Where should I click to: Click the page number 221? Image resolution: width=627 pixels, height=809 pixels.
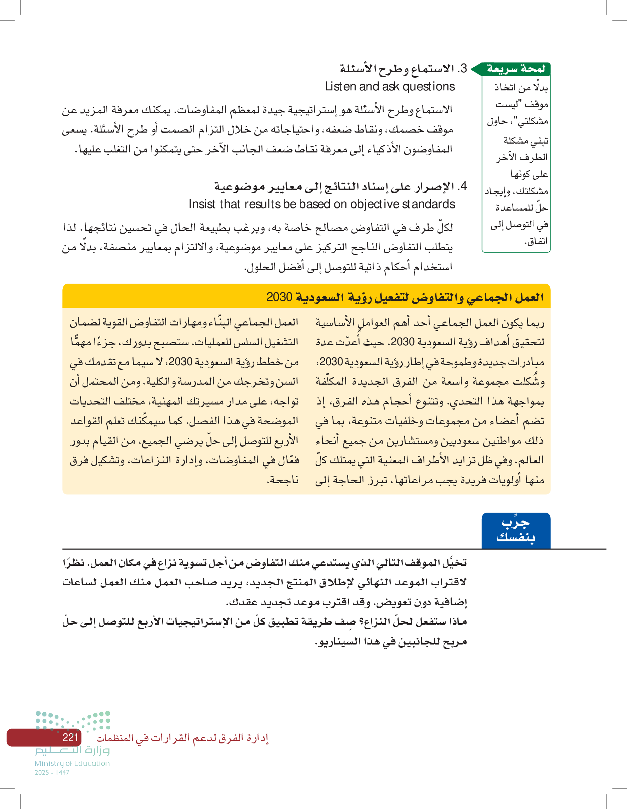click(x=70, y=737)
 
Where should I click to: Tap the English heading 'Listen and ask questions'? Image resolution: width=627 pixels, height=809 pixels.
click(x=390, y=87)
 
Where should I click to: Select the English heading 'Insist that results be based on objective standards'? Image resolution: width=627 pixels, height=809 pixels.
click(x=322, y=204)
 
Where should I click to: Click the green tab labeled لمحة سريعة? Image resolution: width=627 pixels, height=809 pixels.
click(x=515, y=69)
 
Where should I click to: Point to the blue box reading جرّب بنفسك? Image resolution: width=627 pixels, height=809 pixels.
click(x=515, y=530)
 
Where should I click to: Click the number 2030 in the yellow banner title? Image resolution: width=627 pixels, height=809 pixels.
click(x=279, y=297)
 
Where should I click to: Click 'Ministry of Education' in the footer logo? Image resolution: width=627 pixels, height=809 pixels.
click(x=72, y=763)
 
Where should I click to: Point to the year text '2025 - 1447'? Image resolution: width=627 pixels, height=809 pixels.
click(x=52, y=772)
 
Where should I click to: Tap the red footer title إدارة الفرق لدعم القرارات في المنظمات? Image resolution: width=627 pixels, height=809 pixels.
click(x=182, y=738)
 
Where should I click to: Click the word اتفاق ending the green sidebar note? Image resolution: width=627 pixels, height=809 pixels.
click(x=536, y=241)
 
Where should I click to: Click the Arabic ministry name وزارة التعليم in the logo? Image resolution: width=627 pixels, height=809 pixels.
click(x=72, y=751)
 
